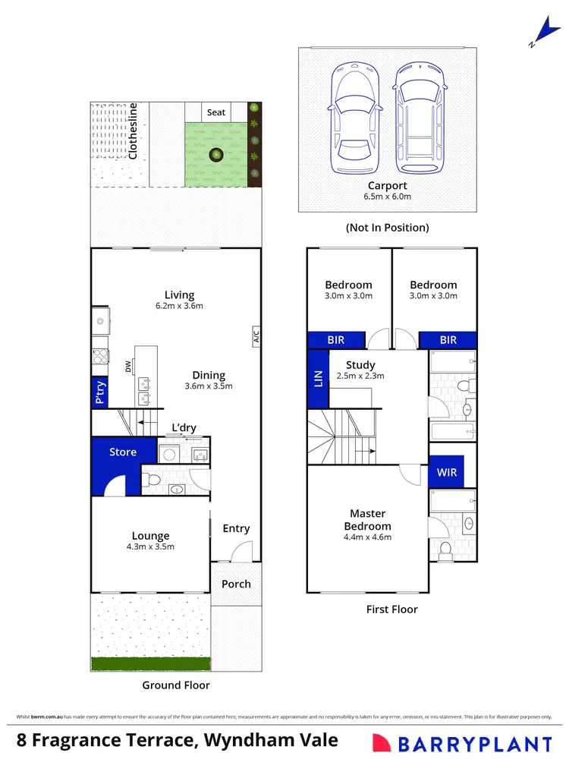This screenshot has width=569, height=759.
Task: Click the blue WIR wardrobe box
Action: coord(448,472)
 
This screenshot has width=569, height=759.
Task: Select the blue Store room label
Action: coord(123,452)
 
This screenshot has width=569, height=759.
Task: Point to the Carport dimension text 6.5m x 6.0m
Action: coord(388,197)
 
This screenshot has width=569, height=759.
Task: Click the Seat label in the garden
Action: coord(216,112)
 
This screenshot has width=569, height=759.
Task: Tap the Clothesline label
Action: coord(134,131)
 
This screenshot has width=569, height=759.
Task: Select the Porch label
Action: coord(236,584)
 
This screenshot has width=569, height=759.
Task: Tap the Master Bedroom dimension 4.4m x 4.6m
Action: coord(367,537)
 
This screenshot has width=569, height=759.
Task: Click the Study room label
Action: coord(360,365)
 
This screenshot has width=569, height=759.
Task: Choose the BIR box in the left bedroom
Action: coord(335,340)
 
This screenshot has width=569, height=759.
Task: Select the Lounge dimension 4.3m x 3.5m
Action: coord(150,546)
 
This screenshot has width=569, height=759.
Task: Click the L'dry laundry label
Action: coord(184,429)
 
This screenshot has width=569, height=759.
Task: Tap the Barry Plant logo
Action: coord(462,743)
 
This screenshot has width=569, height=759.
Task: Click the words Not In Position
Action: coord(387,227)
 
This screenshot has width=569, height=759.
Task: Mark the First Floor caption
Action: coord(391,609)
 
